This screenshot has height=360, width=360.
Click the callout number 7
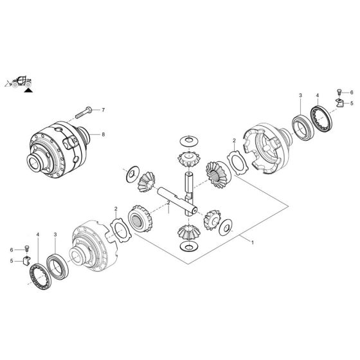[102, 110]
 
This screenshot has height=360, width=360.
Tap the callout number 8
[102, 134]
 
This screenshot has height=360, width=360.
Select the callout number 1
[253, 243]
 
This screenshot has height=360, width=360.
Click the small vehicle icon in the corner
[17, 81]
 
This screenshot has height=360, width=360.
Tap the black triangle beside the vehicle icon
[28, 91]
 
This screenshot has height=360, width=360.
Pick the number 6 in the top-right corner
[351, 93]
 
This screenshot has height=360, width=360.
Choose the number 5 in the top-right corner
[351, 103]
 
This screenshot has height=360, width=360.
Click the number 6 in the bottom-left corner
[10, 249]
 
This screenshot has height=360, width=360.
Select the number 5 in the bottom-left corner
[10, 260]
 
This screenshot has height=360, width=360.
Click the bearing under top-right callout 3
[301, 124]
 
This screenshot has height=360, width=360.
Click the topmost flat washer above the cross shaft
[190, 140]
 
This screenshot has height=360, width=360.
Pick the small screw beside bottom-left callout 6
[26, 249]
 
